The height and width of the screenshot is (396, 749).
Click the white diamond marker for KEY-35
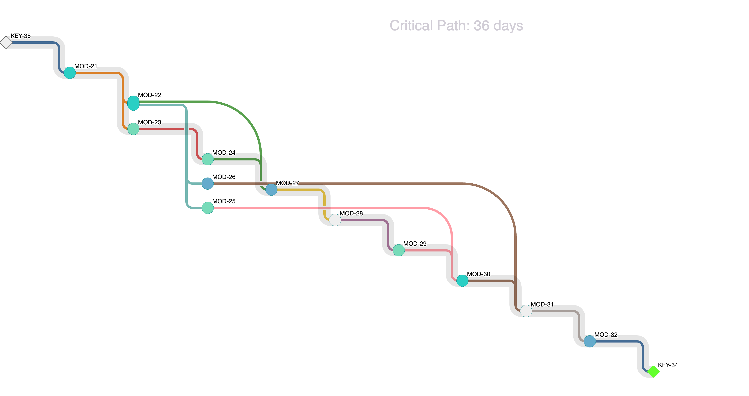(x=6, y=42)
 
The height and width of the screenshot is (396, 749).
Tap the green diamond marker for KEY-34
(x=653, y=372)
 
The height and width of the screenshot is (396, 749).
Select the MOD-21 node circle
(x=70, y=73)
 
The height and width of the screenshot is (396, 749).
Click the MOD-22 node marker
(x=133, y=103)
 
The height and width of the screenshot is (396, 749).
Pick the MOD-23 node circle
(x=133, y=129)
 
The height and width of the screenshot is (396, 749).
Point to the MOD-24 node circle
(x=208, y=159)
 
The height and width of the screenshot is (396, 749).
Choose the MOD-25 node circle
(x=208, y=208)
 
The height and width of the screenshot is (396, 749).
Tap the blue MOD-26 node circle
(x=208, y=184)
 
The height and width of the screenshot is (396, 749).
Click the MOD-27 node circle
(x=271, y=190)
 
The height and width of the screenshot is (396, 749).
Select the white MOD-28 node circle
(x=335, y=220)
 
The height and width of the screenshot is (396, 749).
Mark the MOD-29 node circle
(x=399, y=250)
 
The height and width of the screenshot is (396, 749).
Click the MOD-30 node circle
(x=462, y=281)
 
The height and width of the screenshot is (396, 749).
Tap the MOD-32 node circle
(x=590, y=341)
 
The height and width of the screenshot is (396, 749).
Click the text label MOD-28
(x=351, y=213)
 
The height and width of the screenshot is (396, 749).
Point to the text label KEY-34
(x=668, y=365)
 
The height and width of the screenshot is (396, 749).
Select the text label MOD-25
(x=224, y=201)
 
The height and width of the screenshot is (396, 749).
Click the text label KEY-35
(x=21, y=36)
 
